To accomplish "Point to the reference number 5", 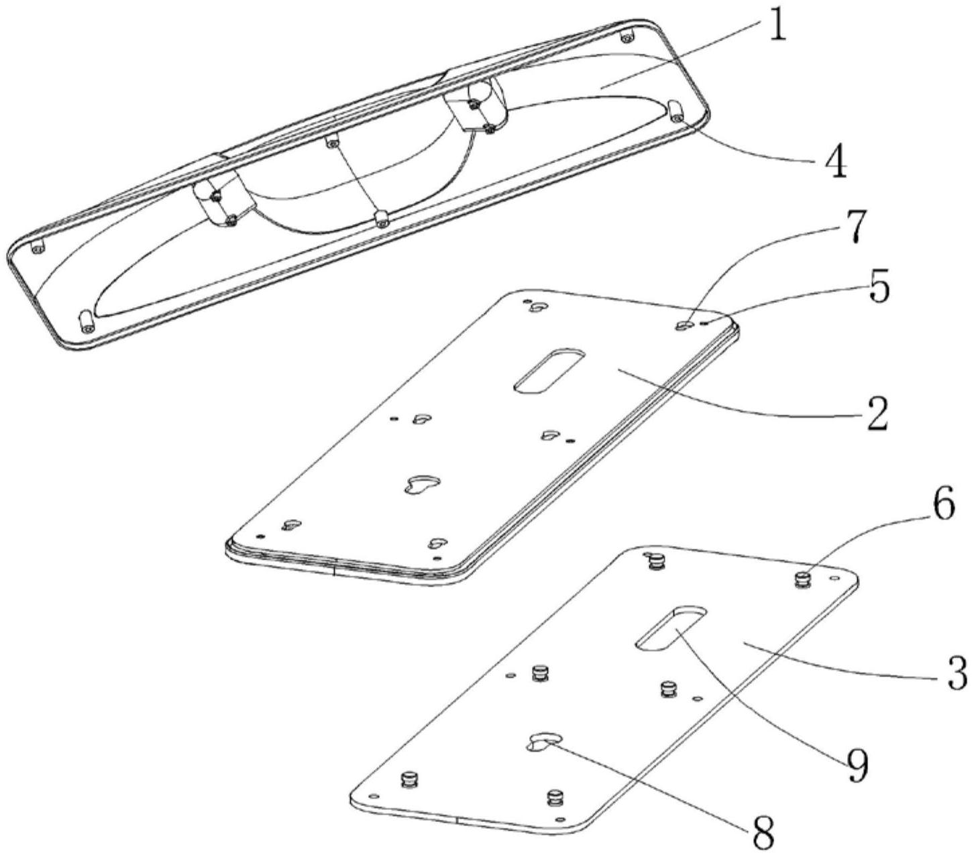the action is (x=877, y=288).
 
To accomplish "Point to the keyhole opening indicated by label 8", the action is (x=542, y=742).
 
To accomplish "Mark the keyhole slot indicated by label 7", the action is (x=684, y=325).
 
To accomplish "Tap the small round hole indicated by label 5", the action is (x=705, y=323).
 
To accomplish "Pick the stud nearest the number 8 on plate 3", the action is (x=555, y=797).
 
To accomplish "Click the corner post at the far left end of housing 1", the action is (x=38, y=246).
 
